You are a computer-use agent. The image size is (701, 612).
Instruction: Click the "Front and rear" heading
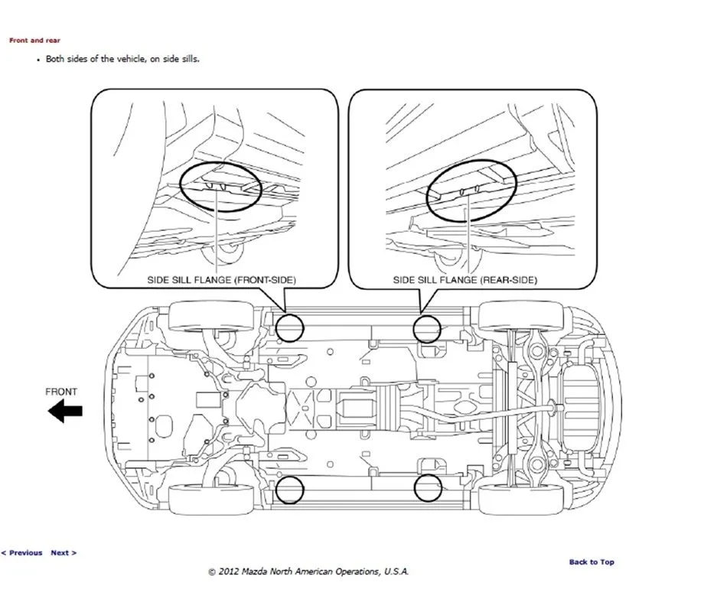[x=34, y=40]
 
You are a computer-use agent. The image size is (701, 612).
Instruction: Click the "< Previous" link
[x=21, y=552]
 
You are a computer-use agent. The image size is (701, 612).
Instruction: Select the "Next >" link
[x=64, y=552]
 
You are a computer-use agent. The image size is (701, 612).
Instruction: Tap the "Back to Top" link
[x=591, y=562]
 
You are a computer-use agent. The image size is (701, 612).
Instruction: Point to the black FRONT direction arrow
[x=65, y=412]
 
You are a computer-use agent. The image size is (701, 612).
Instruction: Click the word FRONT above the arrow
[x=61, y=392]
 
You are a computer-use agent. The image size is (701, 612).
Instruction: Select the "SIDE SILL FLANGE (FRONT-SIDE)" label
[x=221, y=281]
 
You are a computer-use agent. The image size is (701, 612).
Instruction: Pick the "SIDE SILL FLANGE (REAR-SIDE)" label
[x=465, y=281]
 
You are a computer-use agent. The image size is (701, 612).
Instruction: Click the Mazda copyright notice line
[x=308, y=571]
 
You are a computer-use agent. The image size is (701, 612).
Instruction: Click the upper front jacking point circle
[x=290, y=327]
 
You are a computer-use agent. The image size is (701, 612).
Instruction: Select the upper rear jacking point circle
[x=429, y=328]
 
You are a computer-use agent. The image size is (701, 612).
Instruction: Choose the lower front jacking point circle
[x=290, y=490]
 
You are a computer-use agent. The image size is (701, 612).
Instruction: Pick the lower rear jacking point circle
[x=429, y=488]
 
